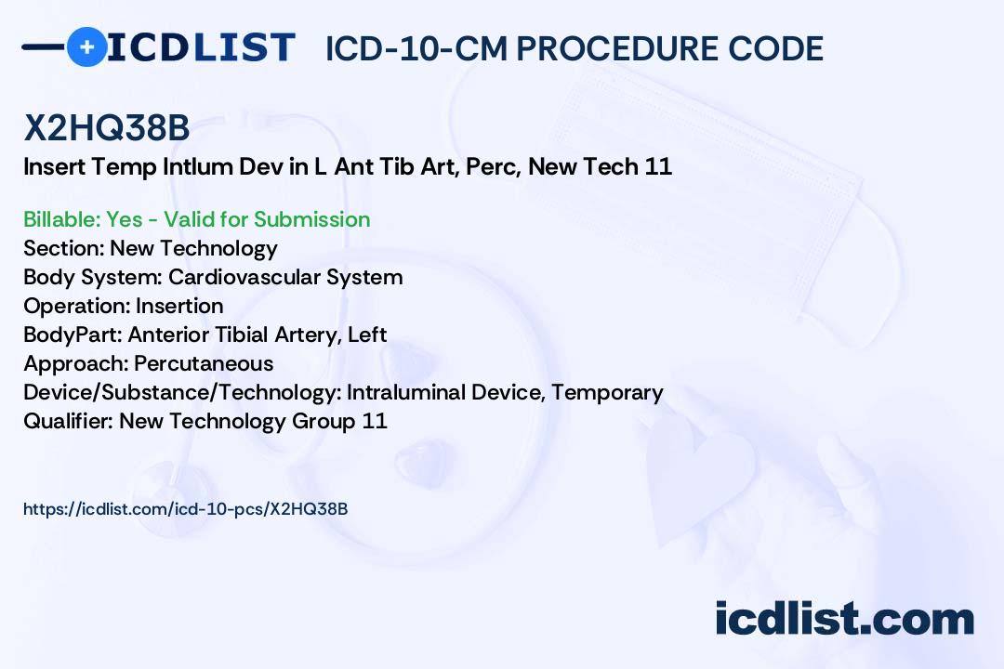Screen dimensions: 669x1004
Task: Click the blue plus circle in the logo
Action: (x=86, y=46)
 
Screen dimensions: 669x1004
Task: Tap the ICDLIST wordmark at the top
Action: (x=201, y=46)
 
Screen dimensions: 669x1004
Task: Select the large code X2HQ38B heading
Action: (x=107, y=129)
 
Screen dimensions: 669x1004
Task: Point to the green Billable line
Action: (x=196, y=219)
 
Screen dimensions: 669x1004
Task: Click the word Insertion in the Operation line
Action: (x=179, y=306)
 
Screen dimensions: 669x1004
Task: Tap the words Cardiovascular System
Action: (x=285, y=277)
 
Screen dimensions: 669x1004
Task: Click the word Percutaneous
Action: (x=204, y=363)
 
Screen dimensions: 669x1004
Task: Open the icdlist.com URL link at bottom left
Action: (x=185, y=508)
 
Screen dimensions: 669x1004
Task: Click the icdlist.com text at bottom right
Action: (x=844, y=618)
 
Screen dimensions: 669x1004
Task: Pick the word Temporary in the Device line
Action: (x=607, y=392)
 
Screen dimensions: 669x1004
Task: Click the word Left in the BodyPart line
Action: (x=367, y=334)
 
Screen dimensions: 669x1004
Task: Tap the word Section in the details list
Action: (x=63, y=248)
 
